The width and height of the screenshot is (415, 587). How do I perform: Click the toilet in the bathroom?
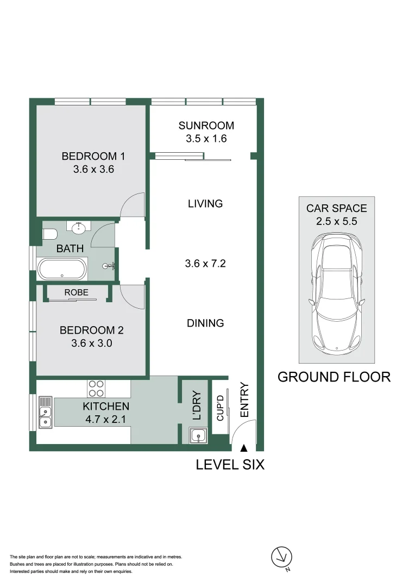[x=50, y=235]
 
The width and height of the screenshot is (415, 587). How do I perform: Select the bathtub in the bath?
[x=61, y=268]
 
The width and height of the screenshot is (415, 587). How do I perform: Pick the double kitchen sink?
[x=45, y=413]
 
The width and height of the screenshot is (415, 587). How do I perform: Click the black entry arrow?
[x=244, y=447]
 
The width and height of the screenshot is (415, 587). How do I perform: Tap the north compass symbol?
[x=281, y=557]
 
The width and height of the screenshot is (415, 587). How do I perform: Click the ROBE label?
[x=76, y=292]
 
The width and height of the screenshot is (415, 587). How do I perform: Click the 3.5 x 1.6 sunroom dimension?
[x=206, y=138]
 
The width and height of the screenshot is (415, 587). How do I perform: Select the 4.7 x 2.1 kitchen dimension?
[x=106, y=419]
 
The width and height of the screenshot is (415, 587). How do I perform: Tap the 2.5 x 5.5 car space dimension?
[x=336, y=221]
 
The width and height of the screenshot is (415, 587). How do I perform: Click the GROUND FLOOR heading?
[x=334, y=377]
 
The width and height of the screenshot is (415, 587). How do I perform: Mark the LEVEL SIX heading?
[x=230, y=465]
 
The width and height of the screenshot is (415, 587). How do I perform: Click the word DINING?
[x=205, y=323]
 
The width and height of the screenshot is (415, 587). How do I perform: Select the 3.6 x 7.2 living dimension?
[x=205, y=264]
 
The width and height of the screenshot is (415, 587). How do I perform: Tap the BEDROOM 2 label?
[x=92, y=330]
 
